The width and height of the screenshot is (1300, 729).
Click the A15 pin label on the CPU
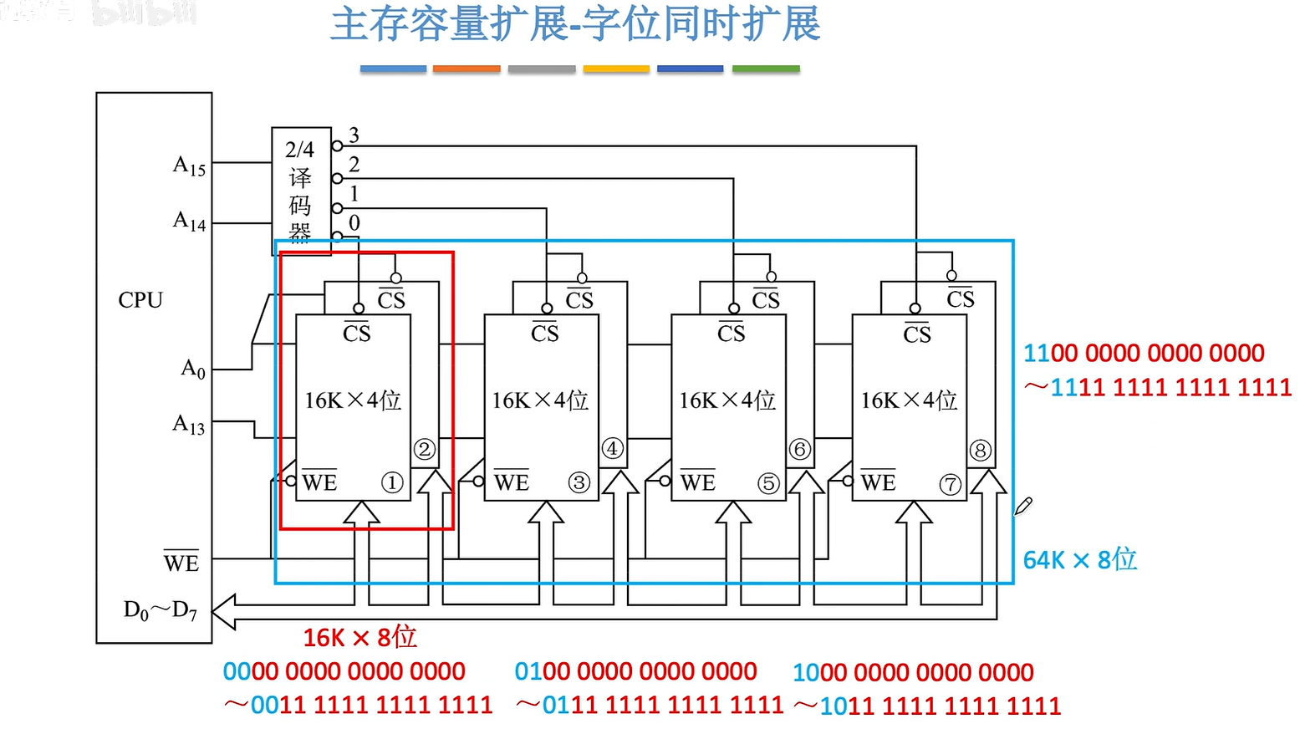pyautogui.click(x=190, y=166)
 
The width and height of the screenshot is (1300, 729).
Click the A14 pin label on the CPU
pyautogui.click(x=190, y=221)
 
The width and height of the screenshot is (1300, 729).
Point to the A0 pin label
pyautogui.click(x=193, y=369)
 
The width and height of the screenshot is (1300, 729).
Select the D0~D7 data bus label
pyautogui.click(x=161, y=610)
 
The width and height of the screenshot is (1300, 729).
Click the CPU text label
pyautogui.click(x=140, y=300)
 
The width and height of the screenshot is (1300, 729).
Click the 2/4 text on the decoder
pyautogui.click(x=299, y=150)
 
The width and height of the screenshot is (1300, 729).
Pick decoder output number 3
pyautogui.click(x=354, y=135)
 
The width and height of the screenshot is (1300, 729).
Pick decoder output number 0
pyautogui.click(x=354, y=222)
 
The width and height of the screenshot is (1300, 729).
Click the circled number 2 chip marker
pyautogui.click(x=425, y=450)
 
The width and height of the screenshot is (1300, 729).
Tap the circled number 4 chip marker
pyautogui.click(x=613, y=449)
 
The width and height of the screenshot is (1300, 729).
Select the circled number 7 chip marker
pyautogui.click(x=951, y=484)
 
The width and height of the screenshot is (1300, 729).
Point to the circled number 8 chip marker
pyautogui.click(x=981, y=451)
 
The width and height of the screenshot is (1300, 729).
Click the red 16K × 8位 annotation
pyautogui.click(x=359, y=637)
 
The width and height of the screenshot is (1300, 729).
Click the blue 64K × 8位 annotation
pyautogui.click(x=1080, y=559)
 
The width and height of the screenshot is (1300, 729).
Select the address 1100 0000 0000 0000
pyautogui.click(x=1144, y=353)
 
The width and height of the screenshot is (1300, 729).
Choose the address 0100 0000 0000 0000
pyautogui.click(x=635, y=671)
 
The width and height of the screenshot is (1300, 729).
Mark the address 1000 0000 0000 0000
pyautogui.click(x=913, y=672)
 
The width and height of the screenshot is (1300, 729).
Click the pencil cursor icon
pyautogui.click(x=1024, y=505)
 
